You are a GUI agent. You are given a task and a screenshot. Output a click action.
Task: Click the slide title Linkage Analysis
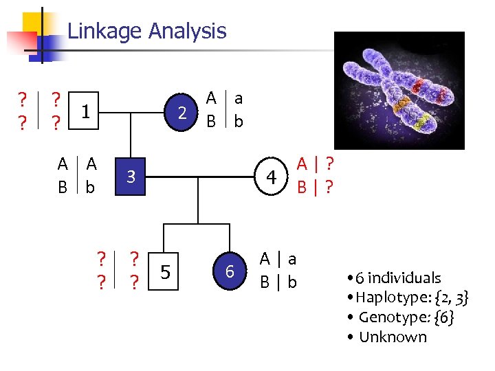[146, 31]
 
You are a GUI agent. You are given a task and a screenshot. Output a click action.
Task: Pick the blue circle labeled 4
[272, 178]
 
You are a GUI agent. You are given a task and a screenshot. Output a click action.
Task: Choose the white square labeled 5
[165, 273]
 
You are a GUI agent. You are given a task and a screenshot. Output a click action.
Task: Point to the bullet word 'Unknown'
[393, 337]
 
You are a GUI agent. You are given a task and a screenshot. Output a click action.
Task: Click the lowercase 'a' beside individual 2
[238, 98]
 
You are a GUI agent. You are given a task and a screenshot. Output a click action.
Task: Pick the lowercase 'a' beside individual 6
[292, 259]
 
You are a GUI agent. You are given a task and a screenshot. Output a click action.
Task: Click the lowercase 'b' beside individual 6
[292, 282]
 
